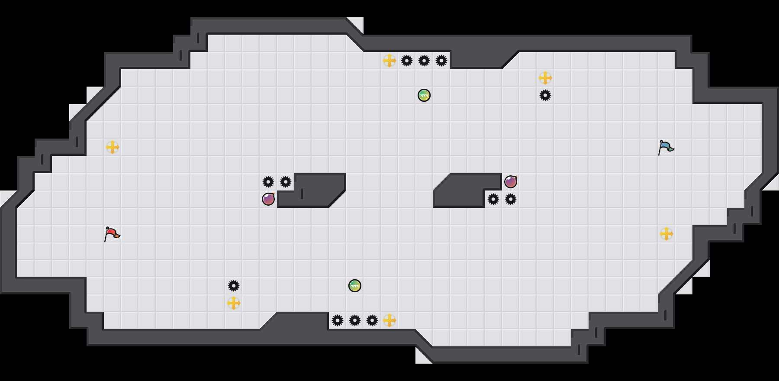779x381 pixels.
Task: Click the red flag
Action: (112, 234)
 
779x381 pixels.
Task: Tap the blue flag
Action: (666, 147)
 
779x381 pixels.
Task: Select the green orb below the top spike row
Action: (424, 95)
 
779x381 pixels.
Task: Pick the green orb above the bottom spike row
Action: (355, 286)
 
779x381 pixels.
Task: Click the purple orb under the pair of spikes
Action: (268, 199)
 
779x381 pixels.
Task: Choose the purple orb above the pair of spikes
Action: (511, 182)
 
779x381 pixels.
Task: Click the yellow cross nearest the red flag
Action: (113, 147)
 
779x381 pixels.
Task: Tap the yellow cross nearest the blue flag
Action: (666, 234)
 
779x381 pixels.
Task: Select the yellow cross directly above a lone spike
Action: (545, 78)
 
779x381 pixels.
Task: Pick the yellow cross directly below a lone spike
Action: (234, 303)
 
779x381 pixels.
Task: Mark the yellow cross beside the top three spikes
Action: (389, 61)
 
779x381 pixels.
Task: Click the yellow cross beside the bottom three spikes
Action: (389, 320)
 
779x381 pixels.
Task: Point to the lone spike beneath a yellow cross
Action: (545, 95)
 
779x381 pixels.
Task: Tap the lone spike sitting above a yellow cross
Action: (234, 286)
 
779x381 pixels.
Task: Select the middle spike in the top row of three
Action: (424, 61)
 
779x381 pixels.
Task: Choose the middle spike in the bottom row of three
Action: (355, 320)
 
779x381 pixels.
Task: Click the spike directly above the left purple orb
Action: (268, 182)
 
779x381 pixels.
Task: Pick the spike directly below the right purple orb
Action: (511, 199)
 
